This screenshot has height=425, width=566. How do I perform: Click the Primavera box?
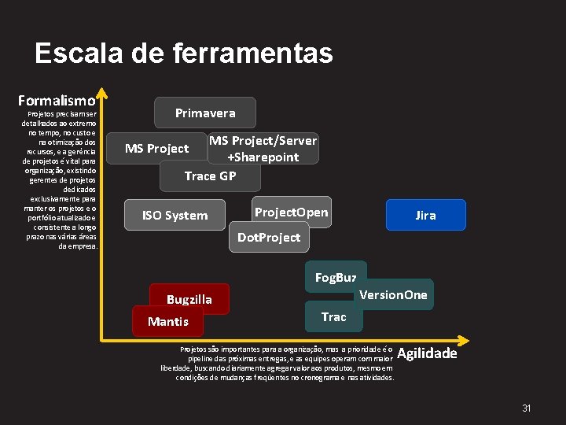(205, 113)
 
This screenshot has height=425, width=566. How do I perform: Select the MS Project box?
(157, 148)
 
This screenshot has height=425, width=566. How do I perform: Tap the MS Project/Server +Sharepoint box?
(263, 148)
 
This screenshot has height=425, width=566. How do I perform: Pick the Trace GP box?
(210, 176)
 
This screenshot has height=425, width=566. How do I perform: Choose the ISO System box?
(175, 215)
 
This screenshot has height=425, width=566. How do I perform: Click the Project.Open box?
(292, 213)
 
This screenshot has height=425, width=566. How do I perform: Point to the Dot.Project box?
(269, 237)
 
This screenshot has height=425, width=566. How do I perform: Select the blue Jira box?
(425, 215)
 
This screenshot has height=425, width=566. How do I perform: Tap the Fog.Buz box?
(336, 277)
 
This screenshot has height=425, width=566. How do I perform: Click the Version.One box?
(393, 294)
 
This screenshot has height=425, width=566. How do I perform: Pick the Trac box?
(333, 316)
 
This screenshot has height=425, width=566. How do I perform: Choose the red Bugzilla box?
(189, 299)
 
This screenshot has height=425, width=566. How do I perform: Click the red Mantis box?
(168, 321)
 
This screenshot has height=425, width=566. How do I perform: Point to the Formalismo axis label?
(57, 101)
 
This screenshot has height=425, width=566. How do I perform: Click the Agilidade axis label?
(427, 353)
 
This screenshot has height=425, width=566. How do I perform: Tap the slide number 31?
(527, 408)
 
